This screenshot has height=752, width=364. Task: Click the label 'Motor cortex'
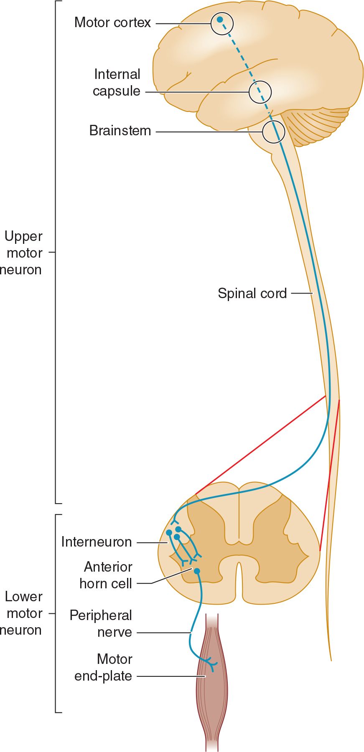[112, 23]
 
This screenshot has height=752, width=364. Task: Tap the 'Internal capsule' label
[117, 83]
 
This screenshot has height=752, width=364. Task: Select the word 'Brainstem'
[120, 131]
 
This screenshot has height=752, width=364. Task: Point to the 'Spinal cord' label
[252, 294]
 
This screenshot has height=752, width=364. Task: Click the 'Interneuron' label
[97, 542]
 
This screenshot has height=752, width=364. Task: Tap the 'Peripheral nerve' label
[101, 624]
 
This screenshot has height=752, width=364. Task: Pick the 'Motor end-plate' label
[103, 668]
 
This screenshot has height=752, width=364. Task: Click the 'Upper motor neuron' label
[23, 253]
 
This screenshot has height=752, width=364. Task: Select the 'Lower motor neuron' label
[23, 613]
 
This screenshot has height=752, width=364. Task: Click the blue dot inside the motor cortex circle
[220, 20]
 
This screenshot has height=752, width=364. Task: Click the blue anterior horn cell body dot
[197, 571]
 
